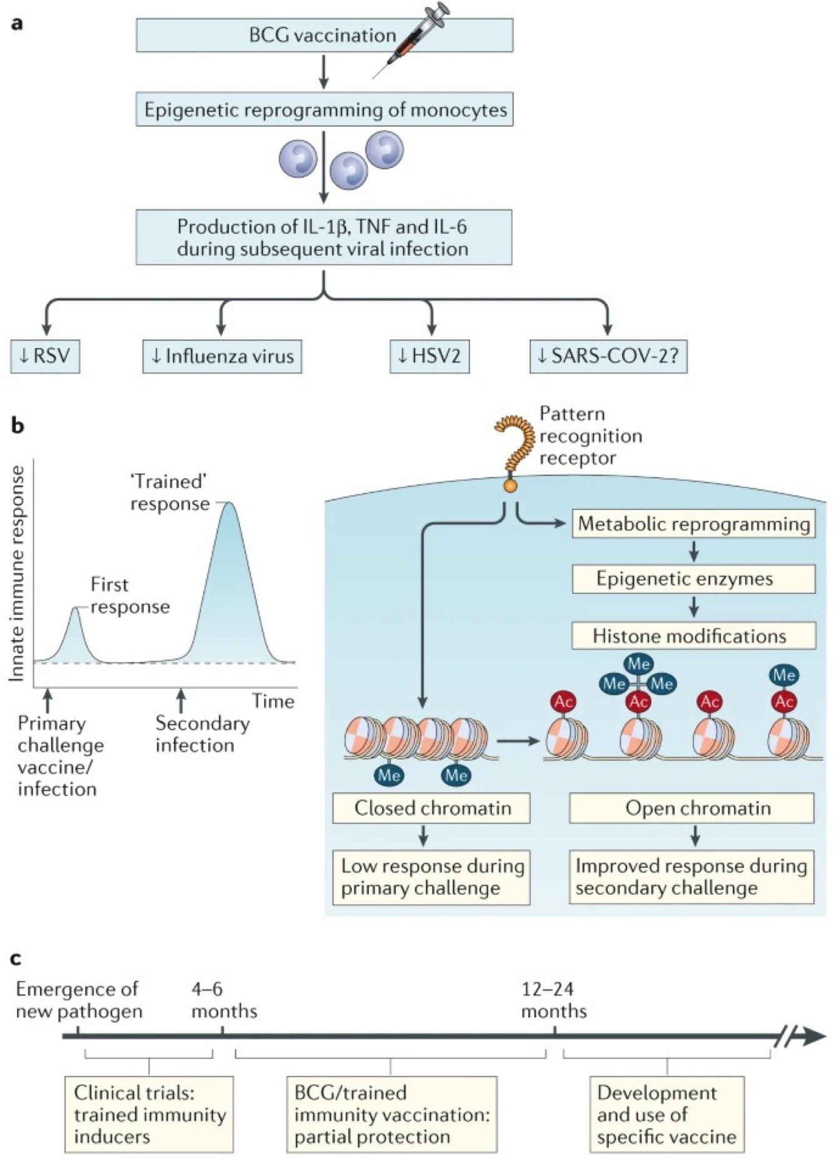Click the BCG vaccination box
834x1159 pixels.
point(324,35)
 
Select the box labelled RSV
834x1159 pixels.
point(45,356)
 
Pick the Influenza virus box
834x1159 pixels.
point(222,356)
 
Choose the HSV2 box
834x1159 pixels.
point(430,356)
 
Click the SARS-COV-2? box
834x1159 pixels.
point(608,356)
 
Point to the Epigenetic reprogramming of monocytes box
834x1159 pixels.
point(324,110)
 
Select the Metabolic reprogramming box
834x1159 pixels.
point(693,524)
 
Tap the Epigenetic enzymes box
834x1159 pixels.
point(693,579)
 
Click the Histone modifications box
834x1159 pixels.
point(693,636)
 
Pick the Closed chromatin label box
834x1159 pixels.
point(432,808)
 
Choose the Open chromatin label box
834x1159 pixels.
point(691,808)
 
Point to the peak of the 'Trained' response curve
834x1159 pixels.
point(229,504)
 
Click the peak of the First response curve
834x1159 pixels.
point(75,608)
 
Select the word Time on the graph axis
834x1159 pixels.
point(273,701)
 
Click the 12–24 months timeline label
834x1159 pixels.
point(553,1000)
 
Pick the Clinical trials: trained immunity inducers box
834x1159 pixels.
point(149,1115)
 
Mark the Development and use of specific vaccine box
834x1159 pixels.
point(666,1115)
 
